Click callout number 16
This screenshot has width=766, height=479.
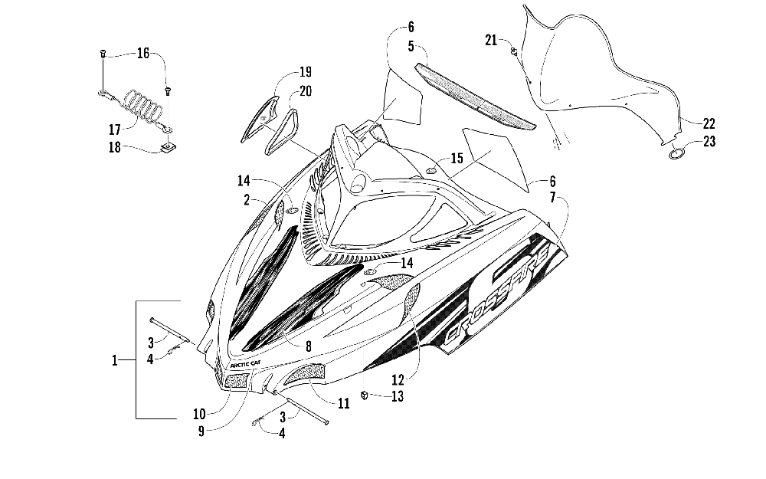click(x=142, y=53)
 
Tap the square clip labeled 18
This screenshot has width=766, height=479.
click(x=169, y=146)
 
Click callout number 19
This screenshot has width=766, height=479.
click(x=306, y=72)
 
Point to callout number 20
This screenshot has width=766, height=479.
click(x=306, y=91)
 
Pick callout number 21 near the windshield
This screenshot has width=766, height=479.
click(x=490, y=40)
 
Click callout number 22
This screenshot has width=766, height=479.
click(x=709, y=123)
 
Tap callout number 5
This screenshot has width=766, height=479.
click(x=411, y=47)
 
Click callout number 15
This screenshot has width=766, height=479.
click(x=457, y=158)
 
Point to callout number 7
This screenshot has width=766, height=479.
click(x=552, y=198)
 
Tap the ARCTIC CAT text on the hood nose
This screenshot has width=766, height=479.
click(x=245, y=364)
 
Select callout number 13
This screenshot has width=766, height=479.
click(x=398, y=396)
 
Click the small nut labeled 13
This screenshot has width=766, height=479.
click(x=364, y=395)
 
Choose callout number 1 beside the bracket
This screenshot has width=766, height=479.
click(x=114, y=361)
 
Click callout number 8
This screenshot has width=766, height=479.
click(x=308, y=346)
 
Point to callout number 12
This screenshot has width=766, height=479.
click(x=398, y=379)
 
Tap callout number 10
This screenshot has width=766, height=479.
click(x=199, y=414)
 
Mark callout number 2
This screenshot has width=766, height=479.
click(x=247, y=199)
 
